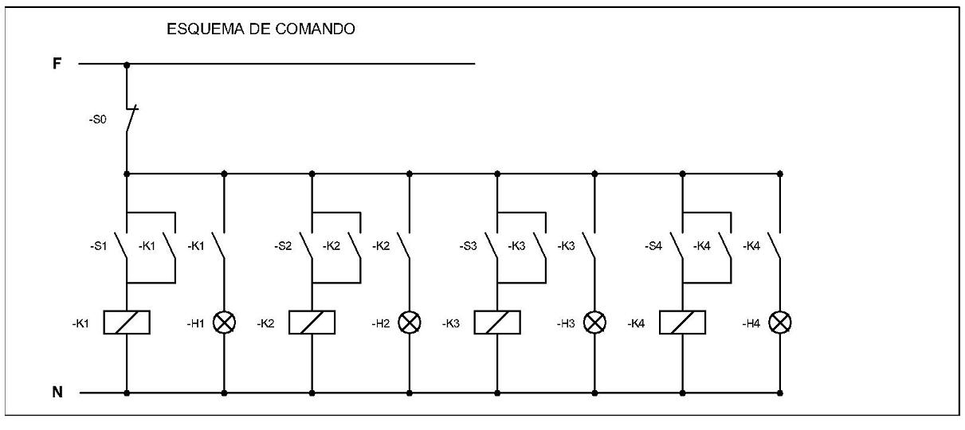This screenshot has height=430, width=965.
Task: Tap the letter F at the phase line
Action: [x=57, y=64]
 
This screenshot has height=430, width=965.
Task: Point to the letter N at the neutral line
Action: [x=57, y=392]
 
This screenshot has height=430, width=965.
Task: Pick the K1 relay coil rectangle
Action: [x=127, y=322]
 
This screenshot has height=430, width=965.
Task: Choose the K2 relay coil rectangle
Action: [x=312, y=322]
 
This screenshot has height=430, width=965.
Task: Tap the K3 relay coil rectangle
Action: [x=497, y=322]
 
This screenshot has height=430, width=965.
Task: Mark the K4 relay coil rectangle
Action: [x=683, y=322]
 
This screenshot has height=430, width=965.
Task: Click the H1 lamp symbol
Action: [x=224, y=322]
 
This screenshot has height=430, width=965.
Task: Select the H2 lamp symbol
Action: [x=410, y=322]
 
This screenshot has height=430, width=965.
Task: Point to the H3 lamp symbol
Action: [x=594, y=322]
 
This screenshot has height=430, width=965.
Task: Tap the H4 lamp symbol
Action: [x=780, y=322]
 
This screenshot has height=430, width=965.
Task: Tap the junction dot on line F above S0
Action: [x=127, y=64]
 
